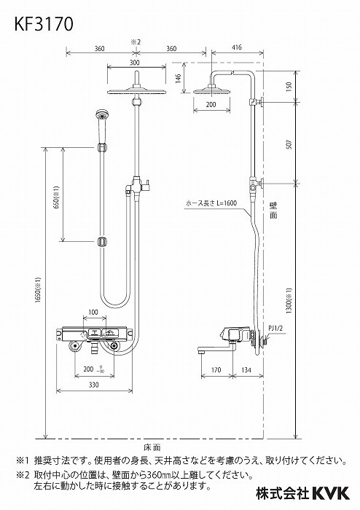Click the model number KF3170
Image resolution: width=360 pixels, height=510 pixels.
tap(44, 24)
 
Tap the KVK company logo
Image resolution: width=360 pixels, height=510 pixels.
tap(330, 493)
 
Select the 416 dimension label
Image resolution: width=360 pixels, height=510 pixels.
tap(237, 47)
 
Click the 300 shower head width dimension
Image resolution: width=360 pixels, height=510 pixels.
tap(135, 63)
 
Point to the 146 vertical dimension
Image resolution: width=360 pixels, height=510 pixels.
tap(179, 79)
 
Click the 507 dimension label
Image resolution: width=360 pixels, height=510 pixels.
tap(289, 144)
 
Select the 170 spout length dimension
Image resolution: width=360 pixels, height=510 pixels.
tap(216, 369)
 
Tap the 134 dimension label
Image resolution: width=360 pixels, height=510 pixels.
tap(246, 369)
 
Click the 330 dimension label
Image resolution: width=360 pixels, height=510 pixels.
tap(94, 385)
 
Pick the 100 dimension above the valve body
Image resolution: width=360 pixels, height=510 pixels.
tap(93, 313)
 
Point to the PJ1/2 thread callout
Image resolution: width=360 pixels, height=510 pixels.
tap(275, 328)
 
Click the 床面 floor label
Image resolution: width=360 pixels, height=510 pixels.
tap(152, 448)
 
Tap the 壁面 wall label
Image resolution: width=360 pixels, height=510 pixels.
tap(273, 210)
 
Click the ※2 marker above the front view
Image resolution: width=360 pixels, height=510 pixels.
tap(136, 42)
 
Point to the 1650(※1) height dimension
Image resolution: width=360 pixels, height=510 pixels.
tap(37, 293)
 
